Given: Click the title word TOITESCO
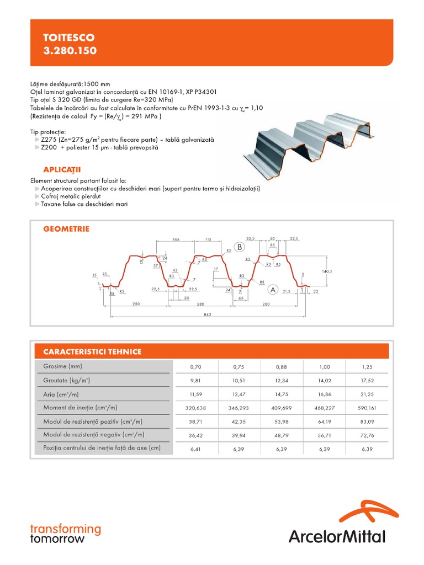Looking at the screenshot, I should tap(69, 38).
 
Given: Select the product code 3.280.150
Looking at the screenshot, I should tap(70, 51).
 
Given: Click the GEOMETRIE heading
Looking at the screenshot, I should tap(66, 228).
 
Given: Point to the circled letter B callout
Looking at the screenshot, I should tap(240, 247).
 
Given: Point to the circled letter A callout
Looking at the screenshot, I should tap(272, 289).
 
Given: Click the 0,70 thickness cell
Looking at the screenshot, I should tap(196, 366).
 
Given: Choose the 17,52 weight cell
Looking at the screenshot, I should tap(367, 380).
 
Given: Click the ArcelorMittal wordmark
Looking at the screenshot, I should tap(337, 536).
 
